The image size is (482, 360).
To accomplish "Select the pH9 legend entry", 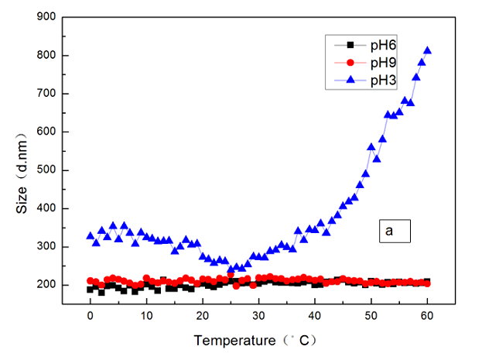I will point(372,62).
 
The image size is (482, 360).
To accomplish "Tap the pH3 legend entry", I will point(372,79).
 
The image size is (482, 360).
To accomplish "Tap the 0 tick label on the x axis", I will point(91,317).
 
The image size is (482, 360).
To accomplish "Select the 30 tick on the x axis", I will point(258,317).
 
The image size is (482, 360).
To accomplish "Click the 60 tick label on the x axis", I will point(427,317).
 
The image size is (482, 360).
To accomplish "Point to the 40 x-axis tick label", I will point(315,317).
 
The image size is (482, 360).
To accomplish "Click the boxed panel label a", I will point(392,231).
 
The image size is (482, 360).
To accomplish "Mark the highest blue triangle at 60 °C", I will point(427,50).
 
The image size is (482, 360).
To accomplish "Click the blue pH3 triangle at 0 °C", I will point(91,235).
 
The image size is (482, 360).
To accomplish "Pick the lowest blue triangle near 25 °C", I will point(231,270).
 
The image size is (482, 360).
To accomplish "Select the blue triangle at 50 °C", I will point(371,146).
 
